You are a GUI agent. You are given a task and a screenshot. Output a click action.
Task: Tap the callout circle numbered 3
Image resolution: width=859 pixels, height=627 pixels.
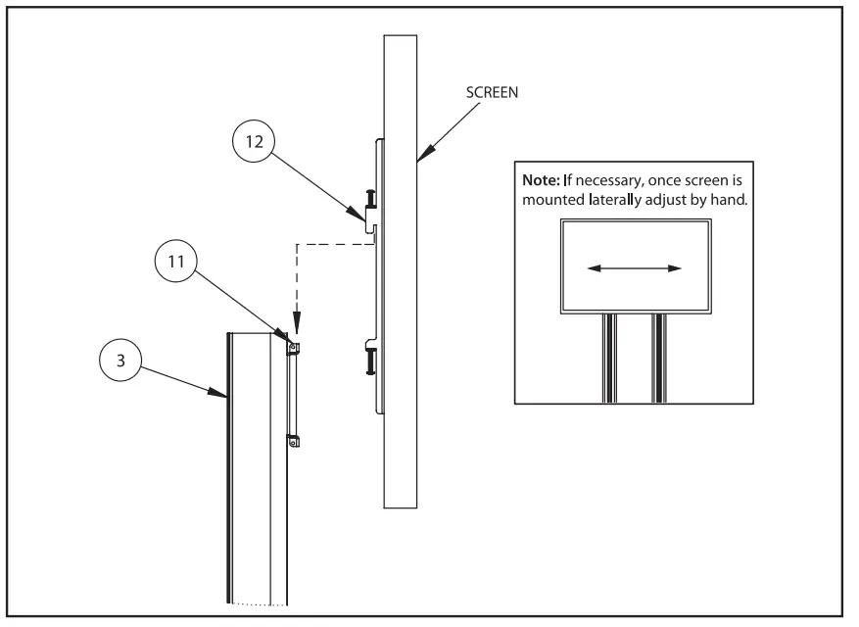[x=120, y=360]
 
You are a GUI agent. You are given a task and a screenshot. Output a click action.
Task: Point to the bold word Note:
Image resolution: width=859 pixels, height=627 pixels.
[x=545, y=181]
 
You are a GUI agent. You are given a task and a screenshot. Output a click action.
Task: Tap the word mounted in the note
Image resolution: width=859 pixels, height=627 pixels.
[x=554, y=199]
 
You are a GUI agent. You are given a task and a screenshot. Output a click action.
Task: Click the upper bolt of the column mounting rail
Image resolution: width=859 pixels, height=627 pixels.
[x=293, y=345]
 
